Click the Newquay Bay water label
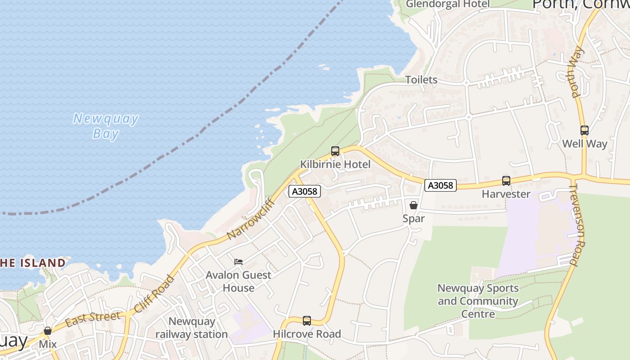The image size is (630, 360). (106, 126)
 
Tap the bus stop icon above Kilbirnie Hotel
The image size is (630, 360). (335, 151)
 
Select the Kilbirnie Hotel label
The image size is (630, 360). (335, 164)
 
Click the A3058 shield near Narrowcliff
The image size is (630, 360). (304, 191)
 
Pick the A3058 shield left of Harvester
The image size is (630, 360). (441, 185)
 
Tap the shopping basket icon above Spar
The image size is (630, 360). (413, 205)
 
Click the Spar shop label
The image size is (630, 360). (414, 219)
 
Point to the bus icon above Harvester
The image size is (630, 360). (506, 181)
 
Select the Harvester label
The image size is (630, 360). (506, 194)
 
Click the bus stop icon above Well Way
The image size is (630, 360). (585, 130)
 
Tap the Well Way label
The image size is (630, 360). (585, 144)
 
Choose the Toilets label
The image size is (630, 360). (421, 80)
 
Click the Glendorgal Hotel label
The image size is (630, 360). (448, 4)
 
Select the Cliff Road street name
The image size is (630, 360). (154, 294)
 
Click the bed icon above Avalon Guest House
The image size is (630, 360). (238, 261)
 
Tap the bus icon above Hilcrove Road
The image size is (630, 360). (307, 321)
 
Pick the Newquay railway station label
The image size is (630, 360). (192, 328)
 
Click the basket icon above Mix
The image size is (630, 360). (48, 331)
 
